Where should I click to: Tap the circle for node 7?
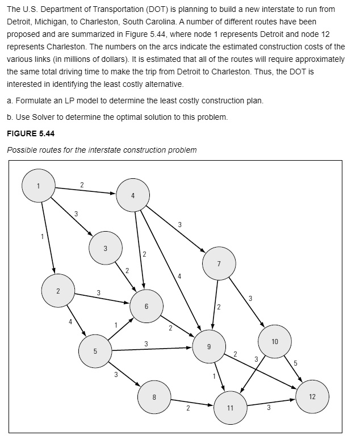pyautogui.click(x=219, y=263)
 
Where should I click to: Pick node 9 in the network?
pyautogui.click(x=210, y=346)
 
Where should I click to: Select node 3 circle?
pyautogui.click(x=105, y=248)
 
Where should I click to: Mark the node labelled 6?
pyautogui.click(x=146, y=306)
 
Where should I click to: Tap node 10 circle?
pyautogui.click(x=275, y=341)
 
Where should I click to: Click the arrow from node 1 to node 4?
pyautogui.click(x=85, y=190)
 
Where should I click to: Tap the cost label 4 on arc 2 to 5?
pyautogui.click(x=70, y=321)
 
